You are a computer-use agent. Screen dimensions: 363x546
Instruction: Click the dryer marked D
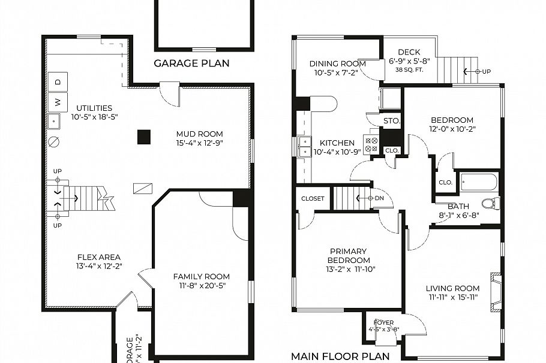tap(58, 81)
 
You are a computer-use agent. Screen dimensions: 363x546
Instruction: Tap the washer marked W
tap(58, 102)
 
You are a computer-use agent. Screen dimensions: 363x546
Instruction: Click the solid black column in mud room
tap(143, 137)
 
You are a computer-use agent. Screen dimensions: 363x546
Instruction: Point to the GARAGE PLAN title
tap(191, 63)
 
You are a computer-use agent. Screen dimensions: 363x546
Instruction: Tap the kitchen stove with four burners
tap(371, 144)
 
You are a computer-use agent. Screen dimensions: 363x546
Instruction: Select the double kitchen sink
tap(305, 146)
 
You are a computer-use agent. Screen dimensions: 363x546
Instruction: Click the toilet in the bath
tap(490, 203)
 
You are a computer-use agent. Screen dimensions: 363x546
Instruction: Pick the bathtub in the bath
tap(478, 181)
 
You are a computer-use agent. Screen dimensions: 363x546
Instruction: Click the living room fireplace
tap(496, 293)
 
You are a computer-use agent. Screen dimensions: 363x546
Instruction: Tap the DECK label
tap(409, 52)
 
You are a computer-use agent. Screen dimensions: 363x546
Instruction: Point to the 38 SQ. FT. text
tap(409, 69)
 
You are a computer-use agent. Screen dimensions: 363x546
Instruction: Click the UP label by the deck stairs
tap(486, 71)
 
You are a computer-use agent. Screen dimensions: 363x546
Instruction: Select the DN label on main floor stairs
tap(379, 198)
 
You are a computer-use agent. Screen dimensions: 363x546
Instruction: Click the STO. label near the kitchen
tap(391, 122)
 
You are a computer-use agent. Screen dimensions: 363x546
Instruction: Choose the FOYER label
tap(383, 322)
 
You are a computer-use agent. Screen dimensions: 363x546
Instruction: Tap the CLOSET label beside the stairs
tap(313, 198)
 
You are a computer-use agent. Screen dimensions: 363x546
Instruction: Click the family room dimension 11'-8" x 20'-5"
tap(201, 286)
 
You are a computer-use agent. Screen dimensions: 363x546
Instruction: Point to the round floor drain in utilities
tap(54, 143)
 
